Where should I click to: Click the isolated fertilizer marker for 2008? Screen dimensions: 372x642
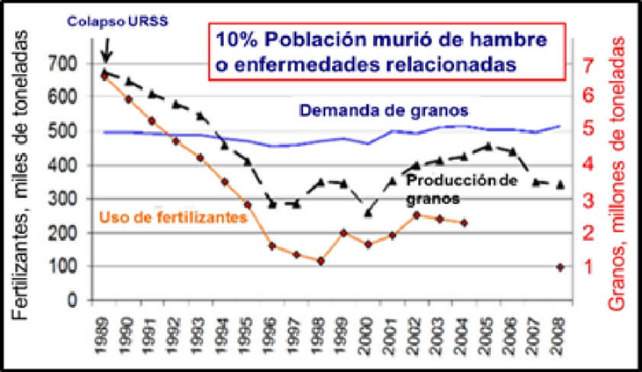pos(559,266)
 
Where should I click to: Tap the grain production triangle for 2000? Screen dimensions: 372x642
pos(368,213)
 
